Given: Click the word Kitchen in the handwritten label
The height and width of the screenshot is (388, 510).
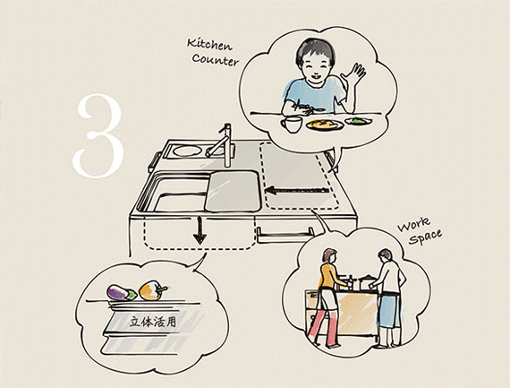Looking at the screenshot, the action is pyautogui.click(x=209, y=45).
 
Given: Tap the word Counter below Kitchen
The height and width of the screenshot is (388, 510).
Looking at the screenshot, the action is pyautogui.click(x=215, y=60).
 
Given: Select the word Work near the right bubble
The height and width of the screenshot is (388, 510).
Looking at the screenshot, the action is pyautogui.click(x=414, y=224).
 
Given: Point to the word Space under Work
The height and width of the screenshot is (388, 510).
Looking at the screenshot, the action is pyautogui.click(x=425, y=237).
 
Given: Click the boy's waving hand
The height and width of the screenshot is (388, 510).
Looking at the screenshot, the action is pyautogui.click(x=354, y=74).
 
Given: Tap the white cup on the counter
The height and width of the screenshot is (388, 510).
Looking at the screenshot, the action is pyautogui.click(x=292, y=125).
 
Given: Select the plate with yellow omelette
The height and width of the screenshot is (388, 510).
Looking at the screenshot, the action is pyautogui.click(x=325, y=125).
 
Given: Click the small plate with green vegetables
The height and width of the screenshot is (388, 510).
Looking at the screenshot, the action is pyautogui.click(x=358, y=121).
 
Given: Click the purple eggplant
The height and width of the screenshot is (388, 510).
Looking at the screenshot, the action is pyautogui.click(x=122, y=292).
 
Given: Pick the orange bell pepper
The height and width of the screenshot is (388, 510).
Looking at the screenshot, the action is pyautogui.click(x=152, y=290).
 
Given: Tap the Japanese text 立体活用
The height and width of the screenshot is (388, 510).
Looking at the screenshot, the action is pyautogui.click(x=152, y=322).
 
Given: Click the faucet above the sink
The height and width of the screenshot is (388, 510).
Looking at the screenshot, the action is pyautogui.click(x=222, y=144).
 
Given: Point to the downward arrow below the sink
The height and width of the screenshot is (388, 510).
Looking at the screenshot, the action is pyautogui.click(x=200, y=230).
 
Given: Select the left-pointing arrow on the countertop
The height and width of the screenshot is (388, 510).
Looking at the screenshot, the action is pyautogui.click(x=298, y=190).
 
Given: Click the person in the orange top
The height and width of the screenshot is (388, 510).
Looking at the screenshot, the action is pyautogui.click(x=328, y=297).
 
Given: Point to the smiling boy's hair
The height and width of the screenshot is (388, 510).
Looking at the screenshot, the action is pyautogui.click(x=316, y=50).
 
